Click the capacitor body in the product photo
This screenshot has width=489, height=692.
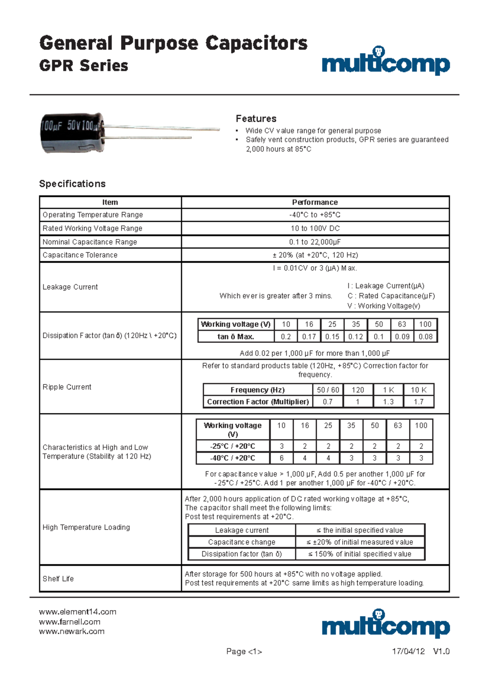pos(72,133)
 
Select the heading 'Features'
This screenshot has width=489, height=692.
pos(256,119)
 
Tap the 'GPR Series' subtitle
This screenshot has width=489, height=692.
pos(84,66)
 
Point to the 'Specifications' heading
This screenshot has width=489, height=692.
pos(72,184)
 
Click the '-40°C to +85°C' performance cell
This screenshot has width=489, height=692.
pos(315,215)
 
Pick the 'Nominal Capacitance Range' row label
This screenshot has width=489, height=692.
pos(90,242)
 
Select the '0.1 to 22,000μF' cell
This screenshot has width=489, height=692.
pos(315,242)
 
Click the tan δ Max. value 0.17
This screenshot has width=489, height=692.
pos(309,337)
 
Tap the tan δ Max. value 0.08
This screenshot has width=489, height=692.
pos(425,337)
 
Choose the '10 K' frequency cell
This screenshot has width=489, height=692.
pos(419,390)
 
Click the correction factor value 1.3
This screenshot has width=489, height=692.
pos(388,402)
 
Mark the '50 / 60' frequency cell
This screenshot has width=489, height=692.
pos(328,390)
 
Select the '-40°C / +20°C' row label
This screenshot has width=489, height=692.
pos(233,458)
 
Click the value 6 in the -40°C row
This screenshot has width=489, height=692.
pos(281,458)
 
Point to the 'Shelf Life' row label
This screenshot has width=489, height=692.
pos(58,579)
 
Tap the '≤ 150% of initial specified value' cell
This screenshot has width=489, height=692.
pos(360,554)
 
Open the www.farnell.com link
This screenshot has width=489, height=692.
pos(70,622)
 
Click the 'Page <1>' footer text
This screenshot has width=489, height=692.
pos(244,652)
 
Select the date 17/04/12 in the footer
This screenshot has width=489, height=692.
pos(408,651)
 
